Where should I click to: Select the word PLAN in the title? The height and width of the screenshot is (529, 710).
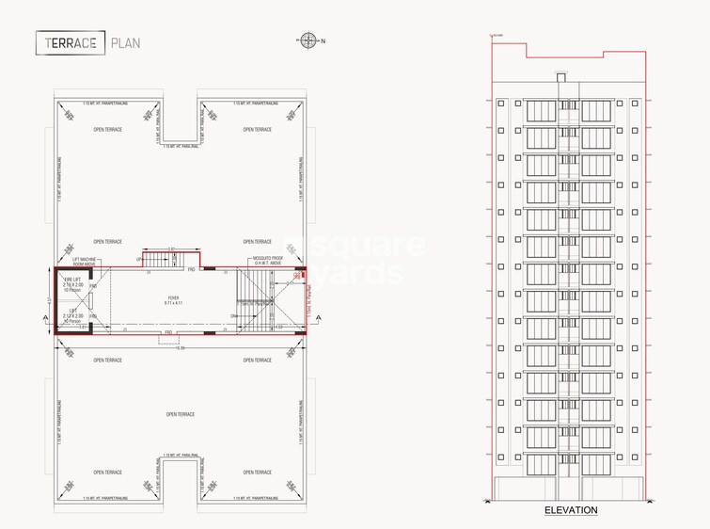[x=127, y=42]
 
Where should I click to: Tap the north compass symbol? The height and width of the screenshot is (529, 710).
[x=308, y=40]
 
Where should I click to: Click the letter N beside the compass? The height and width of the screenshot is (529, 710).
[x=323, y=40]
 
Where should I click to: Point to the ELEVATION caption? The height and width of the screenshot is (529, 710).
[x=571, y=510]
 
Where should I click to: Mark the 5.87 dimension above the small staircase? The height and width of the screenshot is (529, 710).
[x=173, y=248]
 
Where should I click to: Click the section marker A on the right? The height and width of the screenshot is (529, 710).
[x=321, y=320]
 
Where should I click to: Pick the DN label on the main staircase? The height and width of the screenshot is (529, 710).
[x=233, y=315]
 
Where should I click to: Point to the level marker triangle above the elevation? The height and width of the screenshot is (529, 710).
[x=491, y=37]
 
